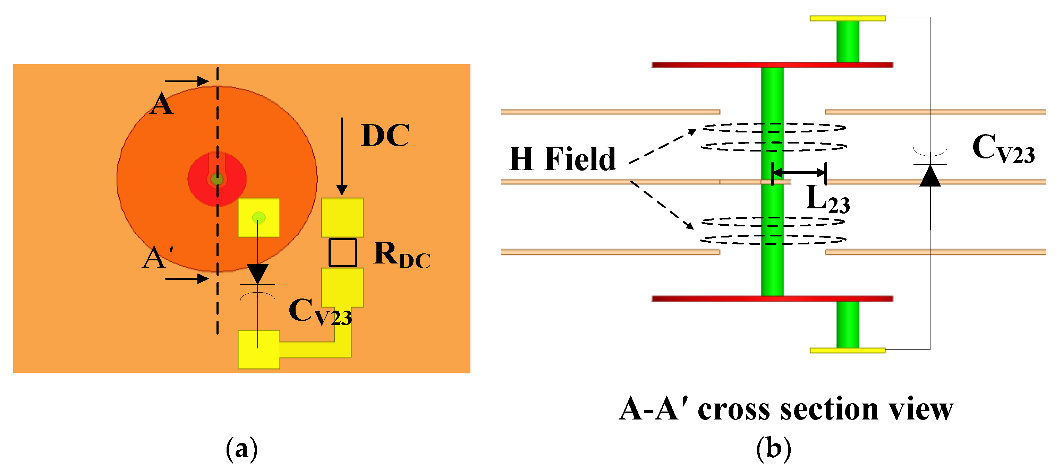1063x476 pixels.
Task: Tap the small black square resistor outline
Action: click(342, 252)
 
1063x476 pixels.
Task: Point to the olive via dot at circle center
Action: click(217, 179)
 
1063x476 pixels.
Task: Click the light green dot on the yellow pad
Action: click(259, 217)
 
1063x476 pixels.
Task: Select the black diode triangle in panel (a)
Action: click(257, 274)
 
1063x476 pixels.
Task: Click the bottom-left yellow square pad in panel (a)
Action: click(259, 349)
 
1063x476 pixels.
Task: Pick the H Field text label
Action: click(562, 159)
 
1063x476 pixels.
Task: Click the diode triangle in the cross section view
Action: click(930, 176)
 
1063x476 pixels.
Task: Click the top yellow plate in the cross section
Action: click(848, 18)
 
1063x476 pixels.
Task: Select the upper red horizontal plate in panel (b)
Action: click(772, 65)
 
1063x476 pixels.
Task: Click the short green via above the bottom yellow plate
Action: click(848, 324)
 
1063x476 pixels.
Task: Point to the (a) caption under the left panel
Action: click(242, 448)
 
